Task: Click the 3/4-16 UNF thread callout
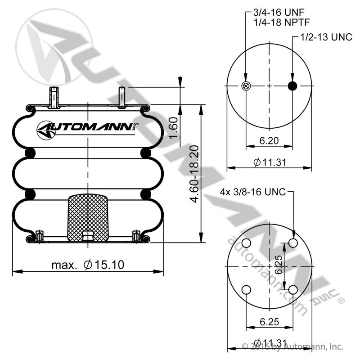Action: tap(279, 13)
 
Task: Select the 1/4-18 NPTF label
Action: tap(282, 22)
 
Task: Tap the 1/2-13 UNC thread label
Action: tap(326, 37)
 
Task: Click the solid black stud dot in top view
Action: tap(292, 86)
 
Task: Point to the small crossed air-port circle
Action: tap(246, 86)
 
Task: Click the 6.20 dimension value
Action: tap(269, 140)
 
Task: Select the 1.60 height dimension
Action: tap(173, 128)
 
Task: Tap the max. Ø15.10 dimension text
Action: tap(88, 265)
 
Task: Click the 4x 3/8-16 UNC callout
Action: tap(253, 192)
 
